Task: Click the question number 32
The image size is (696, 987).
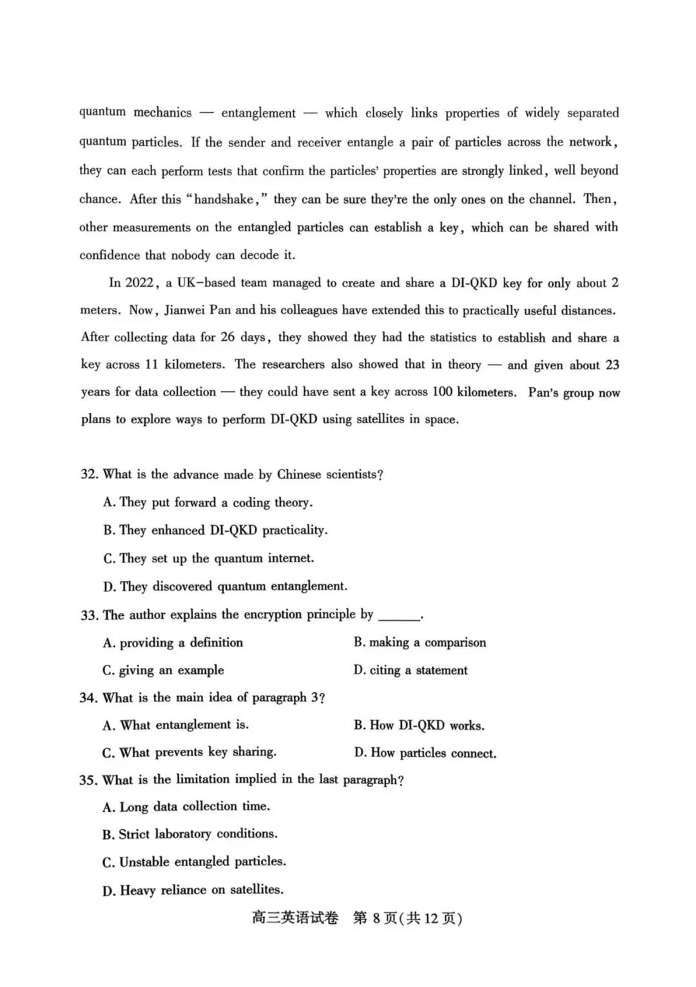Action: tap(89, 474)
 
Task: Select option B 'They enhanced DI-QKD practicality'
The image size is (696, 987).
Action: tap(215, 530)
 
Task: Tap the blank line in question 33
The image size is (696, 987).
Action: tap(399, 617)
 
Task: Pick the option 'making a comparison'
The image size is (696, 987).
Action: tap(420, 642)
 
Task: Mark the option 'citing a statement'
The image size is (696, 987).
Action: tap(411, 670)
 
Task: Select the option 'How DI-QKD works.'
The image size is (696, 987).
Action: tap(420, 725)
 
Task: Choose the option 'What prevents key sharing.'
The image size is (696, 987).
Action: tap(189, 752)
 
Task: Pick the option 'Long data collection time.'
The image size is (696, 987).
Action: tap(186, 807)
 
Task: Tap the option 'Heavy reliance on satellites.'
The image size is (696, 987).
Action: tap(193, 890)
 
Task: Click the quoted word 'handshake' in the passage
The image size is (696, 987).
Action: tap(224, 199)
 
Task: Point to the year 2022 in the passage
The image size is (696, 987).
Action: tap(139, 283)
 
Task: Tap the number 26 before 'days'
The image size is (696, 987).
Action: tap(227, 337)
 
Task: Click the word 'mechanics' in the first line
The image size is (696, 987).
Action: tap(162, 113)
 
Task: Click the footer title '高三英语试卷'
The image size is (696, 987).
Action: tap(295, 918)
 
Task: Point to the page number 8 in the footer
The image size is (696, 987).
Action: tap(376, 918)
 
